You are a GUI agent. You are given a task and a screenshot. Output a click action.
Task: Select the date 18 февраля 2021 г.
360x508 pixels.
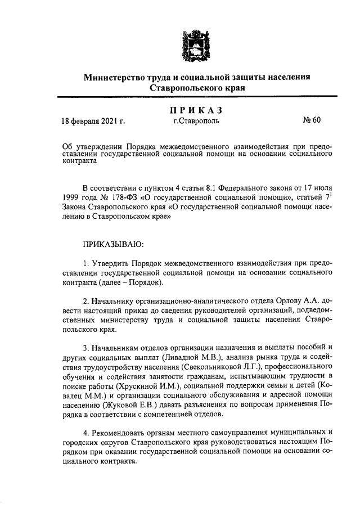[x=93, y=120]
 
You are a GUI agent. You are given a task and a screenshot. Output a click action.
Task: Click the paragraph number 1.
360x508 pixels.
[x=85, y=263]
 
